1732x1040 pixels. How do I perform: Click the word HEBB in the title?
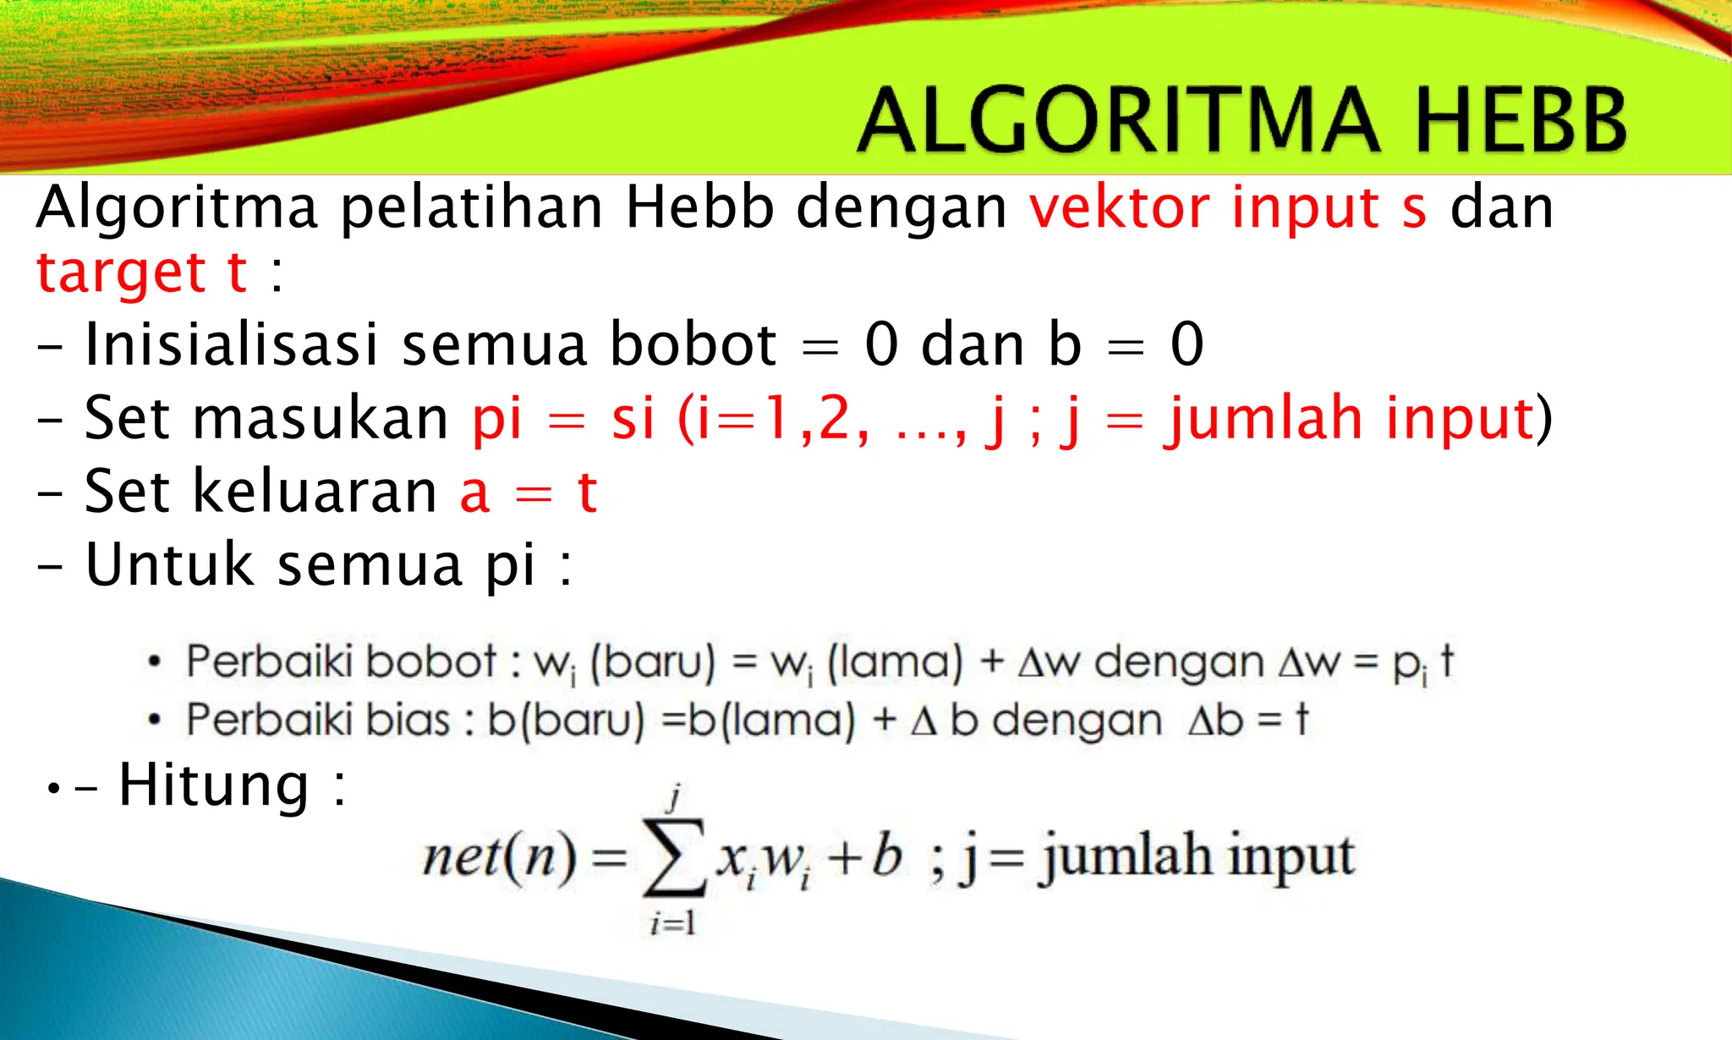point(1520,120)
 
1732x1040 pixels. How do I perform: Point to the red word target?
point(120,273)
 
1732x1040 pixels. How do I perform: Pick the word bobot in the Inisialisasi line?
point(693,344)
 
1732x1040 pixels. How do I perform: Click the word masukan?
point(321,418)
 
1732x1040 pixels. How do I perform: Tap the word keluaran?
point(315,492)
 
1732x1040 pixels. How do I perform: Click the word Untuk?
point(169,564)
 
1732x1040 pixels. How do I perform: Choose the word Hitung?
point(213,784)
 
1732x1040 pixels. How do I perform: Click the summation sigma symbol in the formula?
point(674,857)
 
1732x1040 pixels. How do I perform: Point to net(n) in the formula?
point(500,857)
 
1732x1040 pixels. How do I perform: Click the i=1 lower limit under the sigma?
point(673,922)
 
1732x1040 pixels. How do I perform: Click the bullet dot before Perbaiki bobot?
point(153,662)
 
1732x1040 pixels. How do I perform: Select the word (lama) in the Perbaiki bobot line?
point(895,662)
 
